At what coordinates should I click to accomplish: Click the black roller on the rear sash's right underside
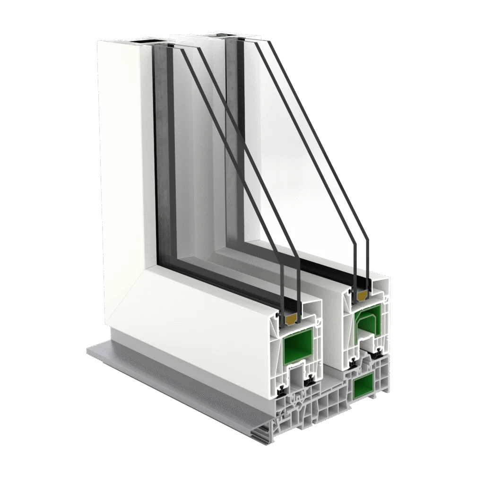(x=379, y=353)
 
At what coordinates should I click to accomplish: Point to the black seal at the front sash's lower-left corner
(x=282, y=390)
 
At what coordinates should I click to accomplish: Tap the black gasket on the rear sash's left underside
(x=353, y=364)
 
